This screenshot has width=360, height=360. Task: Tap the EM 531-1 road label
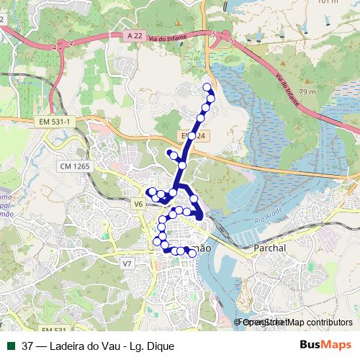55,122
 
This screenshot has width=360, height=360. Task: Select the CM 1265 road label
74,166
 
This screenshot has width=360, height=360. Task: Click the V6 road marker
138,204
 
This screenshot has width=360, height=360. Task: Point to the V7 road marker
127,264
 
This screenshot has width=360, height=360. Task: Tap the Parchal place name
270,248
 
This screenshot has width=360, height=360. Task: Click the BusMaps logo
325,345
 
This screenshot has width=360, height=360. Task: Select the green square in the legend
11,346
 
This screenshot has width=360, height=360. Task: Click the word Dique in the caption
160,346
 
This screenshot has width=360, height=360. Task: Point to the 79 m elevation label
307,92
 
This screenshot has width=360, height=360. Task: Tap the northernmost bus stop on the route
208,88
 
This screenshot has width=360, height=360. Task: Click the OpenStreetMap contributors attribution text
297,322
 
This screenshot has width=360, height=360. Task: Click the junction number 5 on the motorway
214,34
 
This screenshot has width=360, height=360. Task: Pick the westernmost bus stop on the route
150,192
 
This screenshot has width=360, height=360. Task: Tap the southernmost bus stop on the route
192,253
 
